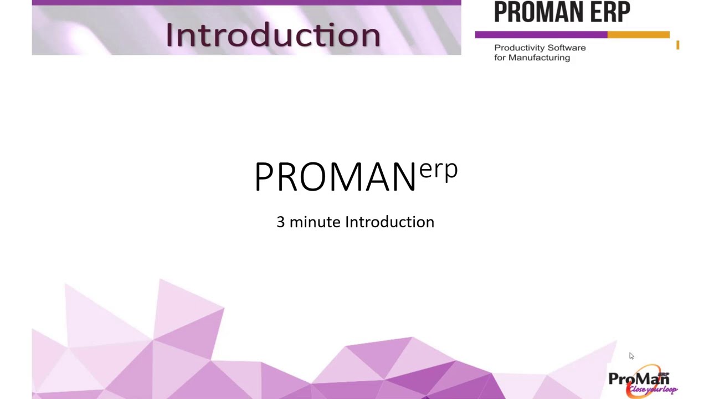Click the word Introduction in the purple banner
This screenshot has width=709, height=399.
coord(273,34)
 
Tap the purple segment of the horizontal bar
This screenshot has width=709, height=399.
coord(541,35)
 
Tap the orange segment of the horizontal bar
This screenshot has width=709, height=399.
coord(638,35)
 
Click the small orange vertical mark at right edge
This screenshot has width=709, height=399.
coord(677,45)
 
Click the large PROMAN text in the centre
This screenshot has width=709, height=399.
coord(335,177)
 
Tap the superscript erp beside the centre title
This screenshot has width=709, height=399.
coord(438,169)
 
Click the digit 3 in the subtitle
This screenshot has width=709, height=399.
coord(280,222)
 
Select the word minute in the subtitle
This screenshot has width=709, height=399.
coord(315,222)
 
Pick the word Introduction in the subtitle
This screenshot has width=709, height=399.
coord(389,222)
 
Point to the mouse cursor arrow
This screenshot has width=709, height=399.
coord(631,356)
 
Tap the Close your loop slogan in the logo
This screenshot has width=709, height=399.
coord(653,389)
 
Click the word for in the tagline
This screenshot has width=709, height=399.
coord(500,58)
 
